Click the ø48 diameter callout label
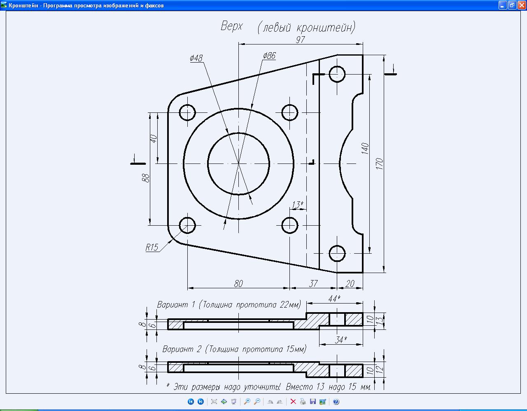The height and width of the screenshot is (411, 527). [196, 58]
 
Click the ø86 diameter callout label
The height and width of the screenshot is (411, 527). [269, 56]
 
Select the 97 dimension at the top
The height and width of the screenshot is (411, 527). [300, 40]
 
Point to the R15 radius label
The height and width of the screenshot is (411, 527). [152, 248]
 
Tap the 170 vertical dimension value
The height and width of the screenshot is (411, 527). [380, 163]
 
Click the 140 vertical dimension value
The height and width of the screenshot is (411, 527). [365, 149]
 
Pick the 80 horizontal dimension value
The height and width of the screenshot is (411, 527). [238, 283]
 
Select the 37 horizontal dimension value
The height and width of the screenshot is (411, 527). [313, 283]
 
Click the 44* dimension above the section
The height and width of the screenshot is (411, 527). [334, 299]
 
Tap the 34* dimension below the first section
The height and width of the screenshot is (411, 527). [341, 340]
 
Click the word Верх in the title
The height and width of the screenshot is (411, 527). [231, 26]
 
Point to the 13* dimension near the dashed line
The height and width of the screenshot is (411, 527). [297, 205]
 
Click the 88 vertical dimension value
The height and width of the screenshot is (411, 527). [145, 178]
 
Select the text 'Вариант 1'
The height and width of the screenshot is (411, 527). [176, 305]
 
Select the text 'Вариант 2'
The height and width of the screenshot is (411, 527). [182, 349]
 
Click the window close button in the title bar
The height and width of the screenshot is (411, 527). [521, 5]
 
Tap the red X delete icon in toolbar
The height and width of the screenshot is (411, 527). [293, 402]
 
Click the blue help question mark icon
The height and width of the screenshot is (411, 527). [336, 402]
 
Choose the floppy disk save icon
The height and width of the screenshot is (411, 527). [313, 402]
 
